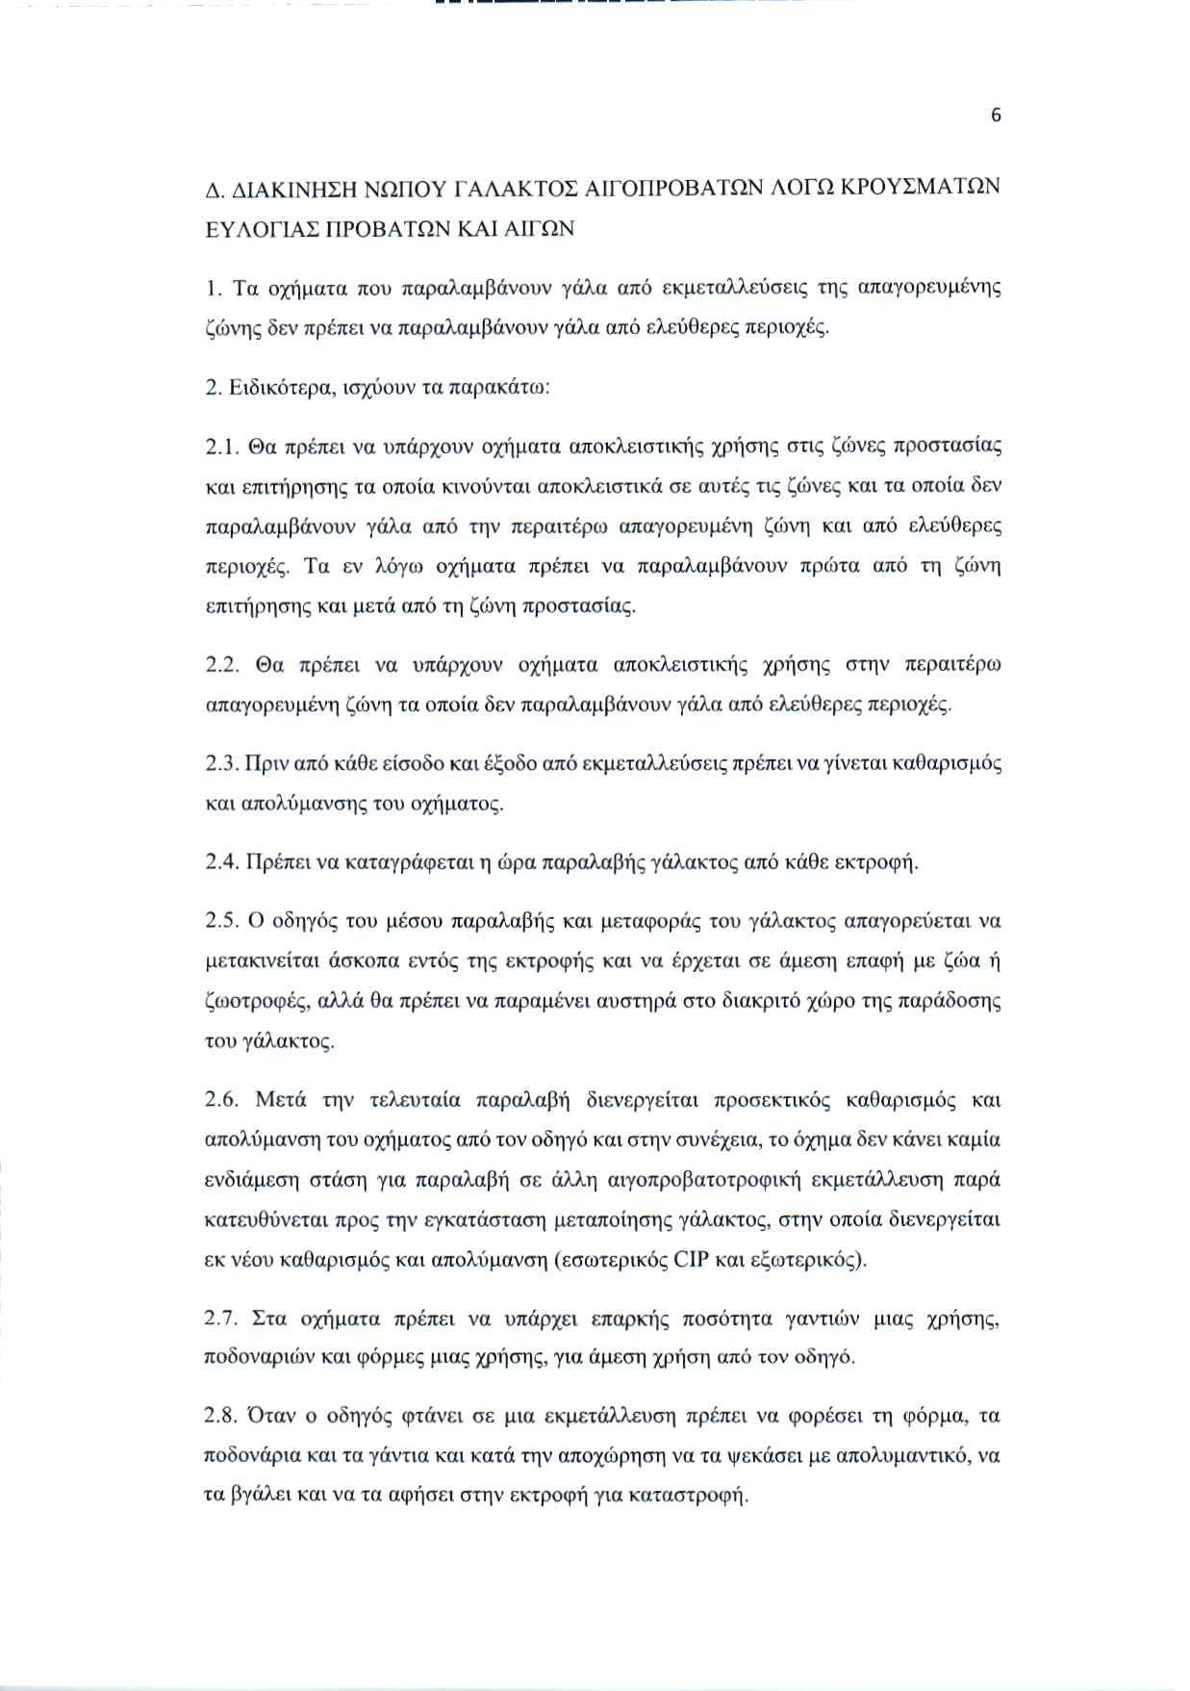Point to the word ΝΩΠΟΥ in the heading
click(397, 187)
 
